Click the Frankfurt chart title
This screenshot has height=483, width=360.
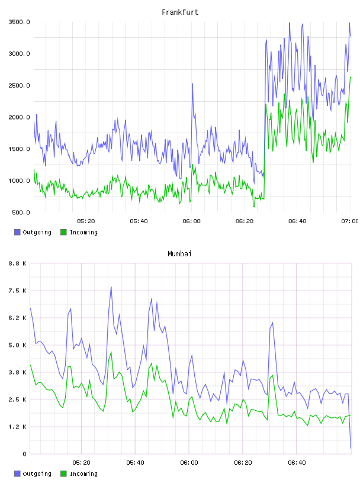[x=180, y=12]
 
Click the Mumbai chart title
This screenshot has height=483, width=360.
[x=179, y=254]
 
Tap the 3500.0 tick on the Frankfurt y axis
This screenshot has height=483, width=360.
[x=19, y=22]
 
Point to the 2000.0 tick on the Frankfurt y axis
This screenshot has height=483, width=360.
[x=19, y=117]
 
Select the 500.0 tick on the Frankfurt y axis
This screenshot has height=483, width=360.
[x=21, y=212]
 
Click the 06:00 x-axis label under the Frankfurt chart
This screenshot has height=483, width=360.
[x=191, y=221]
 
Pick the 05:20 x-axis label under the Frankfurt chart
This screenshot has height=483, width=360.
[x=86, y=221]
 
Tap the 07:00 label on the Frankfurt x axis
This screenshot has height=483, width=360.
[x=350, y=221]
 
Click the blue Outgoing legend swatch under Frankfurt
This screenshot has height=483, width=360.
[x=17, y=232]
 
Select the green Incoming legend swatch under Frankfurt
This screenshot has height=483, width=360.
[x=63, y=232]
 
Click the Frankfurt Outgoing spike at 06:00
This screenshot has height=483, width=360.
[x=192, y=84]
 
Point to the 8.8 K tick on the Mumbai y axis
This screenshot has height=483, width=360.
[x=18, y=263]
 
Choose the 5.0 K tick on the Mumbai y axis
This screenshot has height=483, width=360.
[x=18, y=345]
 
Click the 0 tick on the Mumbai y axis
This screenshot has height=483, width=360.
[x=25, y=454]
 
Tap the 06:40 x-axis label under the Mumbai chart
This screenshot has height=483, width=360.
[x=297, y=463]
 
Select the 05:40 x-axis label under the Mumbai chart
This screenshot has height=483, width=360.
[x=136, y=463]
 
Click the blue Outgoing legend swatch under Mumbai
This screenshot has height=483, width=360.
[x=17, y=474]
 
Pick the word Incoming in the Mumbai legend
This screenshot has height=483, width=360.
[x=83, y=474]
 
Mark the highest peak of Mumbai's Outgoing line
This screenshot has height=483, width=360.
[x=111, y=287]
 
